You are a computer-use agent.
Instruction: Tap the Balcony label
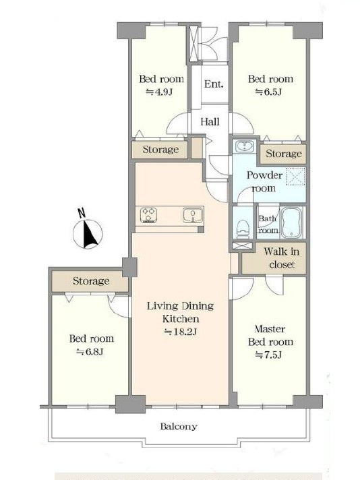click(x=179, y=427)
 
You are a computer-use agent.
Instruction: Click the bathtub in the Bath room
click(x=292, y=222)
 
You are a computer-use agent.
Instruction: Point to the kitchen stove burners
click(x=148, y=214)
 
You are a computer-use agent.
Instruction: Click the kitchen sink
click(x=193, y=215)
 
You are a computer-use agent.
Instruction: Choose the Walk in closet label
click(x=282, y=258)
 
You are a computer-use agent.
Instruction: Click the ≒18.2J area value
click(x=180, y=332)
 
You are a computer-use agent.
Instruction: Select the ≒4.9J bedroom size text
click(x=160, y=92)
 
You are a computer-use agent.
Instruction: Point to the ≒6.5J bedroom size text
click(x=268, y=92)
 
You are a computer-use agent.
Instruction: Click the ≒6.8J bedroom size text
click(x=90, y=352)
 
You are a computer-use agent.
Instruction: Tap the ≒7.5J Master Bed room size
click(x=268, y=355)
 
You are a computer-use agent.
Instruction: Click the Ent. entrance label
click(x=214, y=84)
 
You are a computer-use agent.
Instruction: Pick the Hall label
click(x=210, y=122)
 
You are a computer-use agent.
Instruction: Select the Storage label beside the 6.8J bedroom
click(x=91, y=281)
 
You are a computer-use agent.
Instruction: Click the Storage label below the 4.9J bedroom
click(x=160, y=150)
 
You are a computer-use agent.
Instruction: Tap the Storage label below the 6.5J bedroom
click(x=284, y=153)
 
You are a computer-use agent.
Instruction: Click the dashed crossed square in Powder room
click(x=296, y=177)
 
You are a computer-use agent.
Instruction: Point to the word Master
click(x=270, y=329)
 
